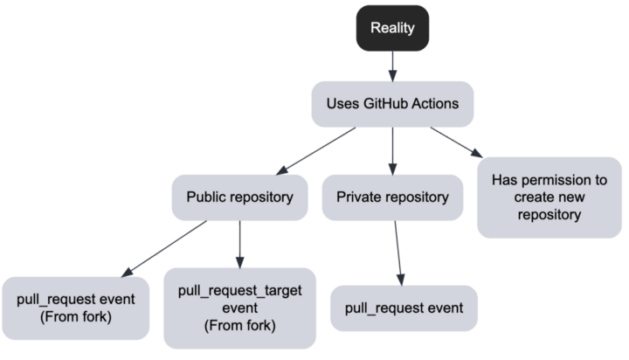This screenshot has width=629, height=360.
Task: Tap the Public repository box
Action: pos(239,197)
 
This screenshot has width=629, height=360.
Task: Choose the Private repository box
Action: pos(392,197)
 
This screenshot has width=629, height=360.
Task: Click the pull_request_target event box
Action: pos(238,308)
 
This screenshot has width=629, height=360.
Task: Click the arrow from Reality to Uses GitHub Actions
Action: pos(393,64)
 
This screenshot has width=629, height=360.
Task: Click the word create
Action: pos(524,197)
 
